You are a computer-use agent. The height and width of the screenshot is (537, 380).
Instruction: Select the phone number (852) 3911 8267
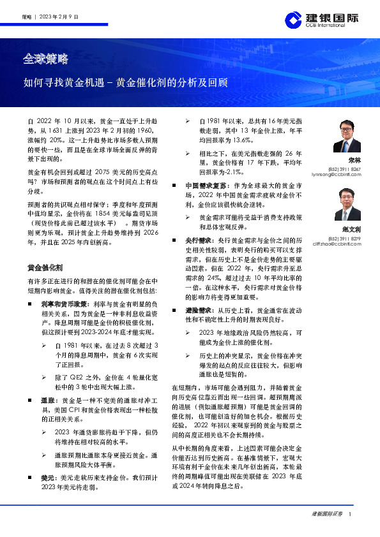[346, 169]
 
